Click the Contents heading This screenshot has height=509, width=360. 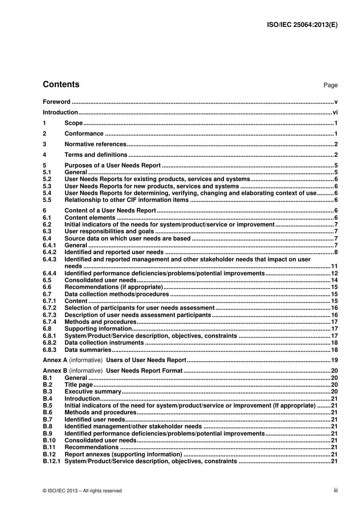(x=61, y=84)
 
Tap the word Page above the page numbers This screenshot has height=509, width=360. (x=330, y=85)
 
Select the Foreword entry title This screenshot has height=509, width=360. (x=56, y=101)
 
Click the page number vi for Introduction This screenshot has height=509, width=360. (x=335, y=112)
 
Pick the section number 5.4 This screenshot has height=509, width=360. (x=47, y=193)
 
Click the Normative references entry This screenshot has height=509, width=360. (x=95, y=144)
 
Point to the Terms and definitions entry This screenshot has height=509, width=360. (x=96, y=155)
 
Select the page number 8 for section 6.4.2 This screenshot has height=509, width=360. (x=336, y=253)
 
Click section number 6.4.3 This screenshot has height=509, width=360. (x=49, y=259)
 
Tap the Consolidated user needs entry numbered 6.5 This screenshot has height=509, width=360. (x=100, y=280)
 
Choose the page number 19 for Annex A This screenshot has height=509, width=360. (x=334, y=360)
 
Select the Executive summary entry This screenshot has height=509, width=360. (x=93, y=392)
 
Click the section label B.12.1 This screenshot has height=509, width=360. (x=51, y=461)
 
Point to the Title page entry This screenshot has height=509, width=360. (x=78, y=385)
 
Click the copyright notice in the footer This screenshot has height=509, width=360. (x=82, y=491)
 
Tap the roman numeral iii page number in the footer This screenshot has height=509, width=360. (x=335, y=490)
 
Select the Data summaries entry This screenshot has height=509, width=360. (x=88, y=350)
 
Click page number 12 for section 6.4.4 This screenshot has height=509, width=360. (x=334, y=273)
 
